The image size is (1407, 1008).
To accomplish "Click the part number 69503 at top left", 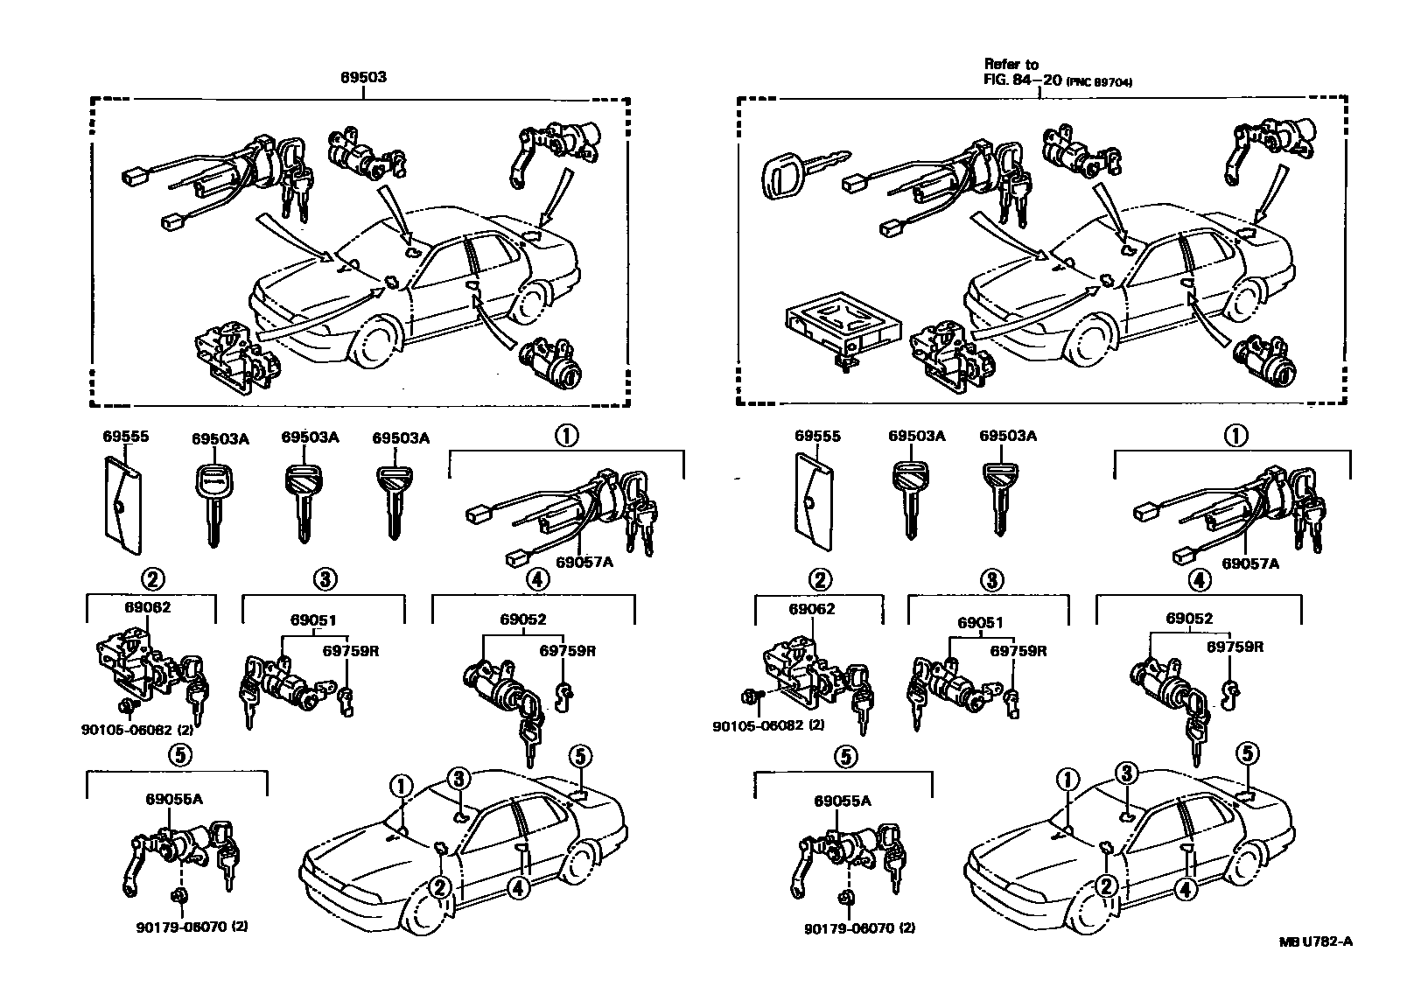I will click(363, 77).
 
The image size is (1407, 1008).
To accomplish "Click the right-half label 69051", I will click(979, 623).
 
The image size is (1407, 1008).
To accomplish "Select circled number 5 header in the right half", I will click(845, 756).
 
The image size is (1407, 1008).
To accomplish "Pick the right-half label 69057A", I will click(1250, 564).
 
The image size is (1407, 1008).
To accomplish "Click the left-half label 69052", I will click(523, 619).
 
